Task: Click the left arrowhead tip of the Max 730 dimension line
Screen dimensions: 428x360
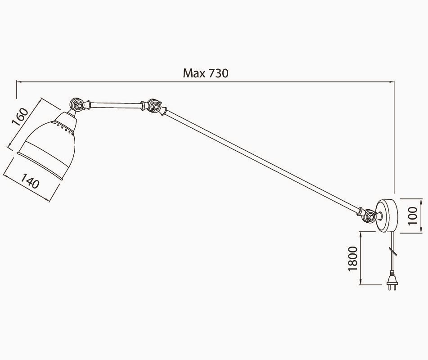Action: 17,81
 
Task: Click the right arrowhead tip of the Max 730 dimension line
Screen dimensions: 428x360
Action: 394,81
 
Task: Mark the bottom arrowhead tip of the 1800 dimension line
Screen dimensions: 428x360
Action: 361,285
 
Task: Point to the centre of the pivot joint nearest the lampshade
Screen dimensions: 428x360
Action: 77,104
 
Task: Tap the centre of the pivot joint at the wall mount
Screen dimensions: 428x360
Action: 369,216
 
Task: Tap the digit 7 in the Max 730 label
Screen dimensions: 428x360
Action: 212,73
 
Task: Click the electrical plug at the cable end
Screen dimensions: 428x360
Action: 392,280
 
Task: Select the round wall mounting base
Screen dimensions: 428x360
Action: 387,216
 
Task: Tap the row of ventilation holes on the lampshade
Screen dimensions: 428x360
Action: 64,128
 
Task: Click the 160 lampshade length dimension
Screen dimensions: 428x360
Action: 20,117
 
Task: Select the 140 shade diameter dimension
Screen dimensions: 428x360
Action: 30,181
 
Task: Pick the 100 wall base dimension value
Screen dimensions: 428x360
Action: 412,216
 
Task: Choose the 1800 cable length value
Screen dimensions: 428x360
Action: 353,258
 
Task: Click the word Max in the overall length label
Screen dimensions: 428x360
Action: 194,73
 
